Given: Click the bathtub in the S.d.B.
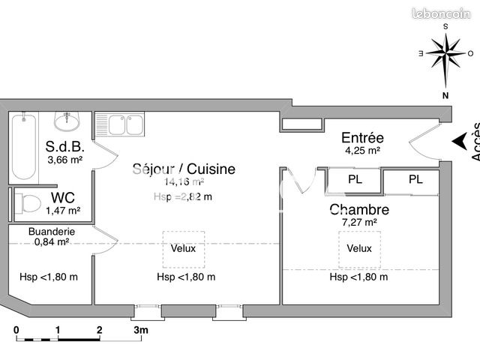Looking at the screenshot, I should tap(24, 145).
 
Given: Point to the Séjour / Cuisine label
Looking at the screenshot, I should tap(184, 169).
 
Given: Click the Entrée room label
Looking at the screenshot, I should tap(362, 138).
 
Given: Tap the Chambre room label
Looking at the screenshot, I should tap(358, 209).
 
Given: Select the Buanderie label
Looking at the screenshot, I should tap(49, 232).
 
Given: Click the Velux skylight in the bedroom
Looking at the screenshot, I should tap(359, 248).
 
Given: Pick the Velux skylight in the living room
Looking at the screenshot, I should tap(184, 248).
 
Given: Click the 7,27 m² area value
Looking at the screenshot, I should tap(358, 222).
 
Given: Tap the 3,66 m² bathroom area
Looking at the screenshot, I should tap(64, 159).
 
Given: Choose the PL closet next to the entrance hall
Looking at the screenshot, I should tap(355, 180).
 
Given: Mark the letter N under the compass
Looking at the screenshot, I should tap(445, 95).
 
